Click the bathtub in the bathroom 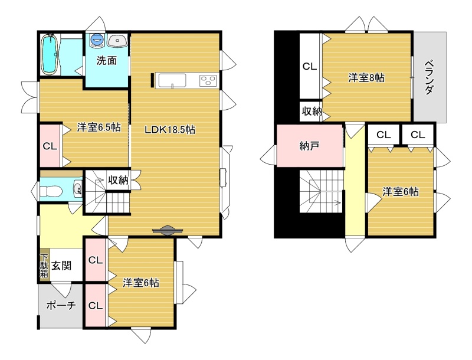coord(50,54)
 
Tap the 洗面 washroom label coord(107,61)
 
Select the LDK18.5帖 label coord(170,130)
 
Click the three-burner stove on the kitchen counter coord(208,80)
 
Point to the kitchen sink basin coord(172,81)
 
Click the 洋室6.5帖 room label coord(99,127)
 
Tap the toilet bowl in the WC coord(51,191)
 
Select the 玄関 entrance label coord(61,266)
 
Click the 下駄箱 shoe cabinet coord(45,266)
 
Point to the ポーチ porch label coord(61,306)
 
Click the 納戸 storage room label coord(309,146)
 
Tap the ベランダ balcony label coord(430,77)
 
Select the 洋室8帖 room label coord(366,78)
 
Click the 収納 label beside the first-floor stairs coord(119,180)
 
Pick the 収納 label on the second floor coord(312,111)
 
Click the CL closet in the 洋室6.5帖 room coord(50,146)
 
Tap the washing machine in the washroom coord(97,40)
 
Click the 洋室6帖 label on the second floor coord(401,191)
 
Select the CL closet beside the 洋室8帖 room coord(309,66)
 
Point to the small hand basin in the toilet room coord(78,189)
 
